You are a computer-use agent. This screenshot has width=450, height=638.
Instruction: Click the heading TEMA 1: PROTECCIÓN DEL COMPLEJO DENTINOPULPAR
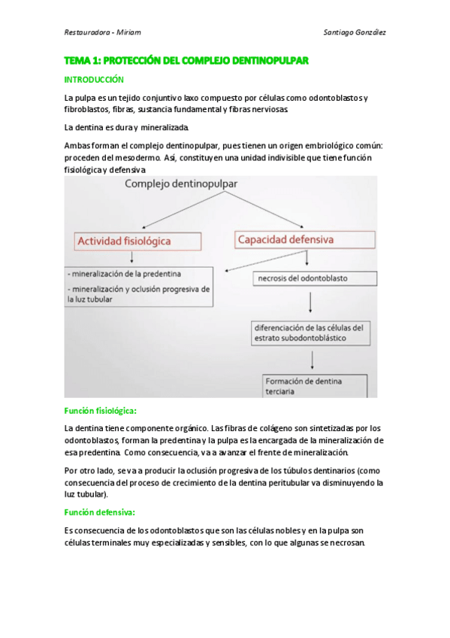point(186,59)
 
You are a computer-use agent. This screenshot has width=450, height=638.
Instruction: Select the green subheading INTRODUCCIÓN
point(94,79)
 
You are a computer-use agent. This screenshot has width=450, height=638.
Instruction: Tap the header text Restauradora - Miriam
point(103,32)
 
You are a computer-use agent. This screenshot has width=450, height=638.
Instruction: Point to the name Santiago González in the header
point(354,32)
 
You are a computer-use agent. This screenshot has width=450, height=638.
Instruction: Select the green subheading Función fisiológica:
point(99,411)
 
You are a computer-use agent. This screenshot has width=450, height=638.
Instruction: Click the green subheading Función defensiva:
point(99,512)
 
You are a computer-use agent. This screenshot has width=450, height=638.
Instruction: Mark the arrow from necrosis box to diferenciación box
point(310,302)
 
